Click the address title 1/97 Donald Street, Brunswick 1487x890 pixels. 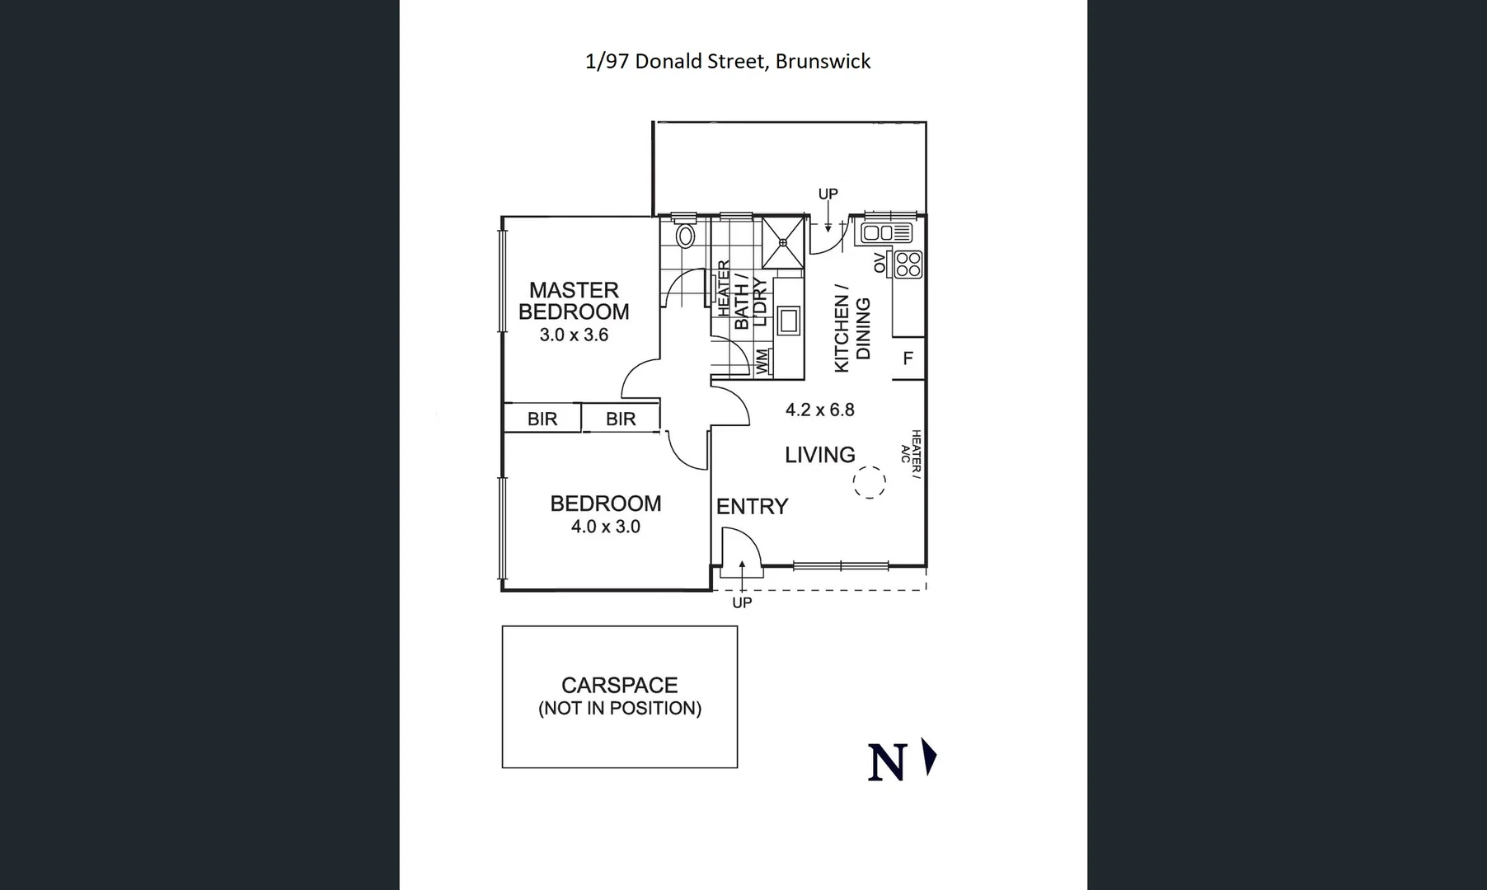point(727,62)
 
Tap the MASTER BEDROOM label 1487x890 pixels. point(574,301)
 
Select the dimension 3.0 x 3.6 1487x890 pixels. point(574,335)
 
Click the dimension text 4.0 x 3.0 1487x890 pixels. point(605,527)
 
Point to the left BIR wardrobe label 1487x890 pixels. point(542,419)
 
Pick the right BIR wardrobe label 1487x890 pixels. point(621,419)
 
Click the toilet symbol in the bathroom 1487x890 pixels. point(684,237)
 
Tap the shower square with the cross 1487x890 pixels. point(782,242)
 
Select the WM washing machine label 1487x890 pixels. point(762,360)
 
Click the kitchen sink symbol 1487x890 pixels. point(886,233)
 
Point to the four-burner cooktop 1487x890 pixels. point(908,265)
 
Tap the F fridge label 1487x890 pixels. point(908,358)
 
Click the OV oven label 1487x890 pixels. point(880,263)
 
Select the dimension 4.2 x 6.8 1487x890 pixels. point(819,410)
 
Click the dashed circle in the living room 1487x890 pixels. point(869,481)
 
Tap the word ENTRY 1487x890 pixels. point(752,506)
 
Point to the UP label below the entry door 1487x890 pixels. point(742,602)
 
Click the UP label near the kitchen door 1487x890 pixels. point(828,194)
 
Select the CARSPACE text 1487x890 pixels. point(619,685)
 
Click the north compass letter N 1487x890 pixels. point(887,762)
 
